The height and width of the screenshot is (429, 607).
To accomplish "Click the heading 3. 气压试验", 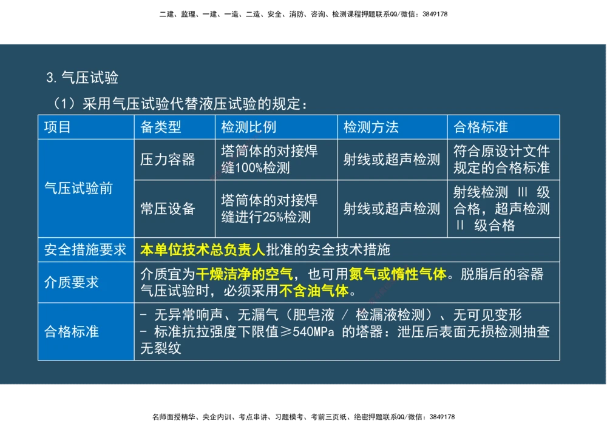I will (82, 78).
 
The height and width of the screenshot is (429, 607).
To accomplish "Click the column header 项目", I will (58, 127).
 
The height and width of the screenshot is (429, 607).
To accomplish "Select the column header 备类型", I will (161, 127).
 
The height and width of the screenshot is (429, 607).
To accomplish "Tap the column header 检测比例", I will (248, 127).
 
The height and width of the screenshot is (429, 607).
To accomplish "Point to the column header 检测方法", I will (371, 127).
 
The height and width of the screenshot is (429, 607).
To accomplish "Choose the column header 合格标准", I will (481, 127).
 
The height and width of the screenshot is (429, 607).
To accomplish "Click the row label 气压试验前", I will (79, 188).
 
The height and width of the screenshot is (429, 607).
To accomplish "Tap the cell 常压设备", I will (168, 209).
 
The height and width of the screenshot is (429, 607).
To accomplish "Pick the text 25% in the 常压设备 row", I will (274, 217).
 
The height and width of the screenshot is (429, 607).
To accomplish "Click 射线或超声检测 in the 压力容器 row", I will (392, 159).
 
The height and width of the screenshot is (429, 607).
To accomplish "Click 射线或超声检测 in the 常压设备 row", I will (392, 209).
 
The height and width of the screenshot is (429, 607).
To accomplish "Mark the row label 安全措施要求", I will (85, 249).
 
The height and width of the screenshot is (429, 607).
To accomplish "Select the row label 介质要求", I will (72, 282).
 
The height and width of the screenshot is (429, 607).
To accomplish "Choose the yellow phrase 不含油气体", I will (314, 291).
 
